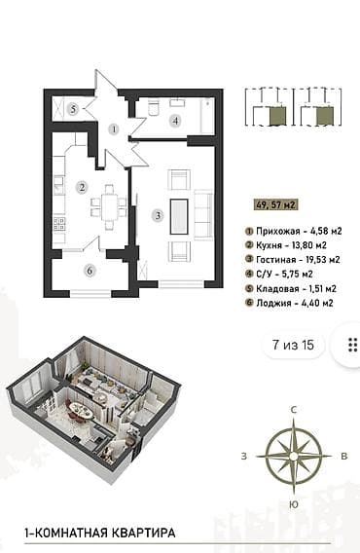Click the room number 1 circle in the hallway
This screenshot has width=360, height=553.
pyautogui.click(x=114, y=129)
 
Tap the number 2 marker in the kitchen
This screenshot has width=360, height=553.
pyautogui.click(x=82, y=187)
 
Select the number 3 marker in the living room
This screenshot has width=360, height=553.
pyautogui.click(x=159, y=215)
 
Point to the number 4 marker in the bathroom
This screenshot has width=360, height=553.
pyautogui.click(x=175, y=121)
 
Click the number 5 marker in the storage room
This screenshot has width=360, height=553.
pyautogui.click(x=73, y=109)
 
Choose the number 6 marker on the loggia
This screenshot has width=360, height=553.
pyautogui.click(x=90, y=271)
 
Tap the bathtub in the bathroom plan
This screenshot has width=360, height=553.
pyautogui.click(x=207, y=115)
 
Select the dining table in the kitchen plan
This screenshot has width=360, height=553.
pyautogui.click(x=109, y=207)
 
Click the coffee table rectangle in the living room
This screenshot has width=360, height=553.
pyautogui.click(x=179, y=216)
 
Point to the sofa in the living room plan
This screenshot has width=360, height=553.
pyautogui.click(x=203, y=215)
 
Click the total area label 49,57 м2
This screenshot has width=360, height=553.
pyautogui.click(x=275, y=204)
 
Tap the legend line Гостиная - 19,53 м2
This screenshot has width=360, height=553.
pyautogui.click(x=293, y=260)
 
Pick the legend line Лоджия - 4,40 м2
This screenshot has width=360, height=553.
pyautogui.click(x=290, y=303)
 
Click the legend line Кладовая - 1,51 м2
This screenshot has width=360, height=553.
pyautogui.click(x=291, y=288)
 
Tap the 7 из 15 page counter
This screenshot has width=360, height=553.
pyautogui.click(x=293, y=345)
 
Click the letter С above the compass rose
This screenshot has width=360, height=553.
pyautogui.click(x=294, y=410)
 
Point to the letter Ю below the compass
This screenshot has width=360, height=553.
pyautogui.click(x=294, y=504)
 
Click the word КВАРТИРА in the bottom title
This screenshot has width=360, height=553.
pyautogui.click(x=143, y=533)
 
